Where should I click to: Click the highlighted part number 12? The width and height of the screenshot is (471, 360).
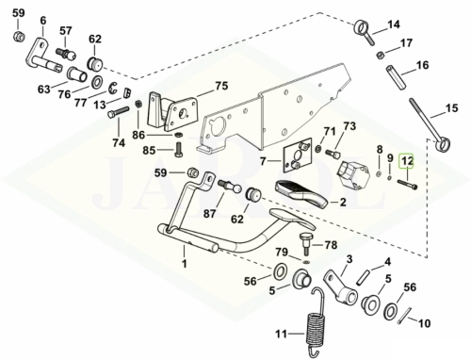point(407,161)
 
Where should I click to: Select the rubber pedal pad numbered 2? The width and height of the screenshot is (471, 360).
point(301,194)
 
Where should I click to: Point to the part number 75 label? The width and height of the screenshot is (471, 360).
point(221,86)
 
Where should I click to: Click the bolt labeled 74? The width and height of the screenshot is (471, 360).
point(119,113)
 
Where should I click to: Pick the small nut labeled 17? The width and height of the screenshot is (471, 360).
point(380,55)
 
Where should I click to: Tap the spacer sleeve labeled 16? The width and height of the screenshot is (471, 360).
point(397,77)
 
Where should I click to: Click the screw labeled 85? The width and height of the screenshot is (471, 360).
point(178,150)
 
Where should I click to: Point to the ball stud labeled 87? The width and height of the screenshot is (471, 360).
point(230,187)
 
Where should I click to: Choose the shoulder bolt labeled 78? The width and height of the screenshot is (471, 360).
point(305,244)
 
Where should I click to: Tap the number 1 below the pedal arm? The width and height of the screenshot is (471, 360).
point(185,263)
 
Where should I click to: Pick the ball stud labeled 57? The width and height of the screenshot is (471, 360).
point(66,54)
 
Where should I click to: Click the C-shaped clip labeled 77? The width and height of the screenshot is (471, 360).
point(113,88)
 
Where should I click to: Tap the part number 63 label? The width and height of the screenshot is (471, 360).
point(44,90)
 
